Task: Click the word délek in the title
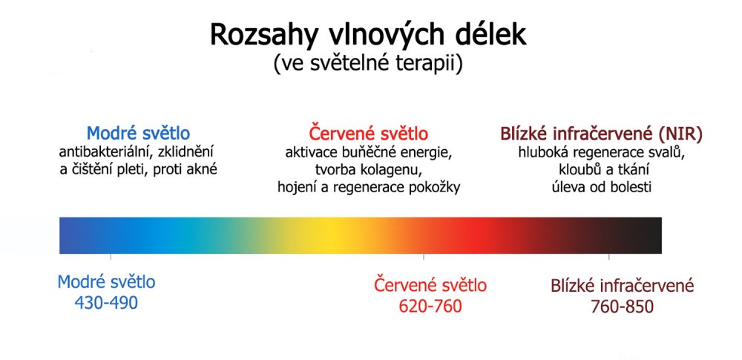click(x=495, y=35)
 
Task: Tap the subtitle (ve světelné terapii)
click(x=368, y=64)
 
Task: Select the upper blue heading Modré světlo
click(x=139, y=134)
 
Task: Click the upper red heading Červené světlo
click(x=368, y=134)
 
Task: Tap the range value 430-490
click(x=106, y=303)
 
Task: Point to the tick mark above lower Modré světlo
click(x=111, y=258)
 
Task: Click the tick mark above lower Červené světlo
click(x=424, y=258)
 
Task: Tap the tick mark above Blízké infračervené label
click(x=609, y=258)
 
